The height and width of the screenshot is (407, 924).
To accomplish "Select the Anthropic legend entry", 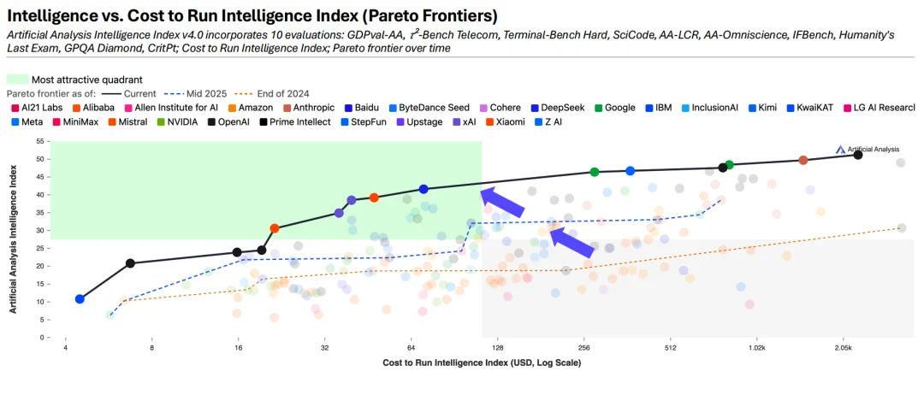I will (317, 108).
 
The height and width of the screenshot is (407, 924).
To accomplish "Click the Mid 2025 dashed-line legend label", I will (211, 93).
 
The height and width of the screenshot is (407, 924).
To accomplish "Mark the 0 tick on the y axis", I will (42, 337).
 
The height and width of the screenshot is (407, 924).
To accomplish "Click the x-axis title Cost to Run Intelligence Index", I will (482, 363).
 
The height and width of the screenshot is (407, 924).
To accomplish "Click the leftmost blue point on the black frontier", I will (80, 299).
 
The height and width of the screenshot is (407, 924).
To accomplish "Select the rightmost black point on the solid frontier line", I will (858, 155).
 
